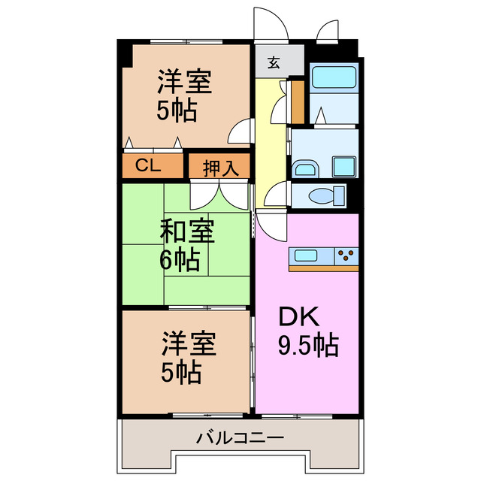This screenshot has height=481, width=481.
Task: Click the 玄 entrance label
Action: (x=274, y=63)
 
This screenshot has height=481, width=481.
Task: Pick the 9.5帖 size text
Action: (x=307, y=345)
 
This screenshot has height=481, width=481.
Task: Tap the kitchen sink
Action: (x=308, y=256)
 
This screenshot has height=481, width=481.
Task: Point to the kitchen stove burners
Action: (x=347, y=256)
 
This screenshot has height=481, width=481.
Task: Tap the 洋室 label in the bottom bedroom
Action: (x=189, y=345)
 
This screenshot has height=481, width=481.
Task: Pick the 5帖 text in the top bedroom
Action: (x=177, y=110)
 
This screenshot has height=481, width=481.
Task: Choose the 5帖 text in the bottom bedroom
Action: (x=181, y=373)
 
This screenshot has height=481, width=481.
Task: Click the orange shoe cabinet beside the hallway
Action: (x=298, y=101)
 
